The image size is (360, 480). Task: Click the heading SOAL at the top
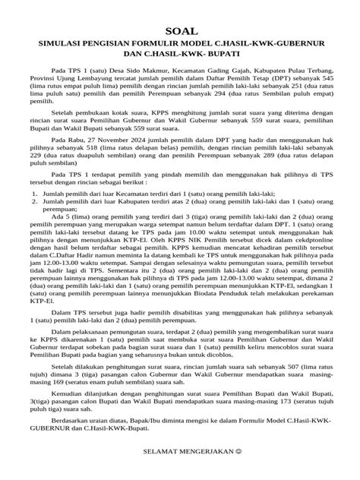[180, 25]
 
